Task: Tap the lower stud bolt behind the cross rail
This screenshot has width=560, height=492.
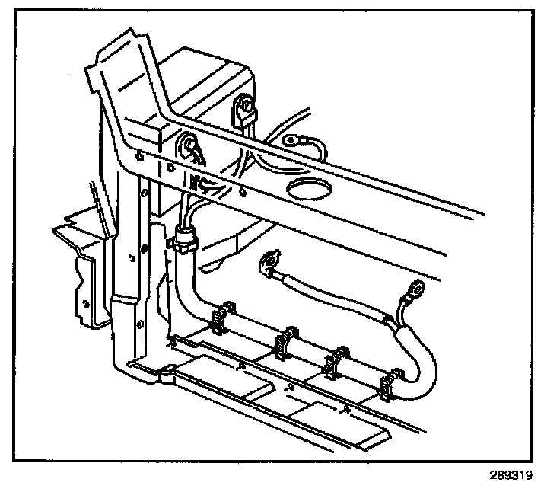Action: tap(187, 145)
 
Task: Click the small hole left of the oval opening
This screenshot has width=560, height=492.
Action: tap(242, 191)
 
